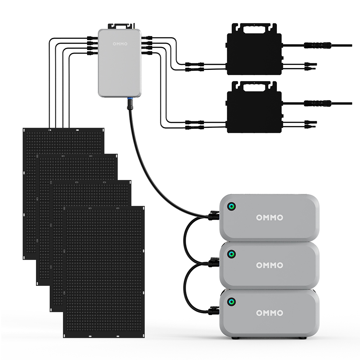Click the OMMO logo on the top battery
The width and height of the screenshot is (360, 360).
(x=269, y=217)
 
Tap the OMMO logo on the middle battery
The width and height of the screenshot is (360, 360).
(x=269, y=265)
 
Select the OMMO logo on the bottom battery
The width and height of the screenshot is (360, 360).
(x=269, y=313)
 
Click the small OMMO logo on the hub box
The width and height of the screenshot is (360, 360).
(x=120, y=44)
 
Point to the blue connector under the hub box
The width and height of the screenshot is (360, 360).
(x=128, y=99)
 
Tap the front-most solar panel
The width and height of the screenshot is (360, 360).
(x=104, y=272)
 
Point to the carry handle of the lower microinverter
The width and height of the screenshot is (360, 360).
(x=254, y=85)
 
